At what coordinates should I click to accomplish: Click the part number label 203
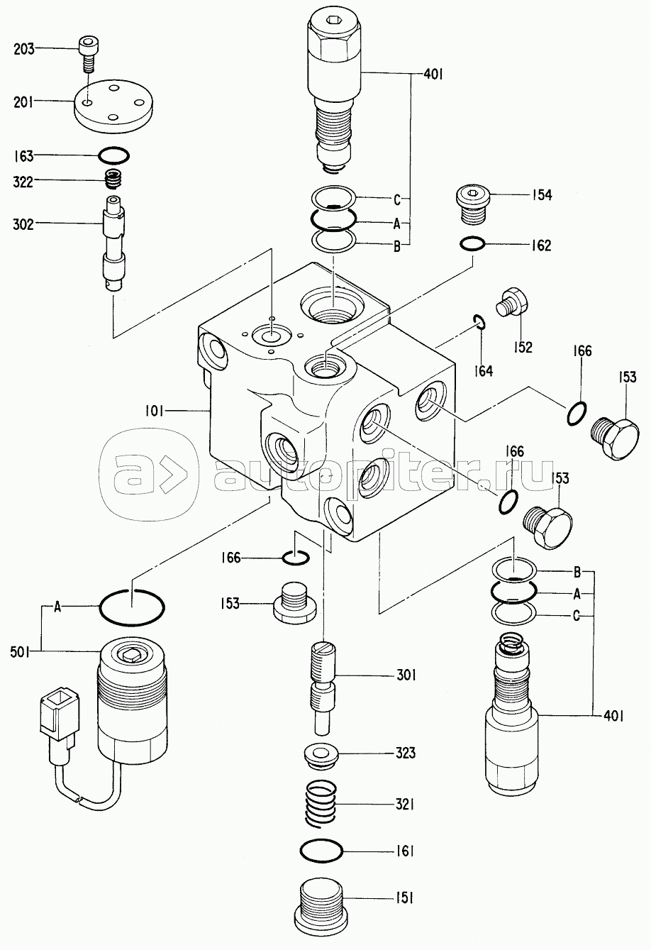23,49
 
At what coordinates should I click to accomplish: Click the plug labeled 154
472,206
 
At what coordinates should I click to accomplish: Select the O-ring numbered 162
472,244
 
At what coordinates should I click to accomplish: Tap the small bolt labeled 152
511,302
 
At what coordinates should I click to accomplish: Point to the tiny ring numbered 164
479,321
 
